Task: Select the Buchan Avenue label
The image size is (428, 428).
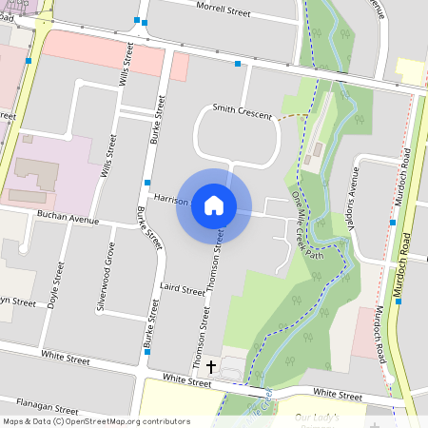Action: tap(68, 219)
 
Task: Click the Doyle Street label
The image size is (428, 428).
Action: tap(52, 292)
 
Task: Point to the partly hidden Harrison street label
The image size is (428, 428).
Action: tap(171, 200)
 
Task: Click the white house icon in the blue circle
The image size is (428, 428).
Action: tap(214, 205)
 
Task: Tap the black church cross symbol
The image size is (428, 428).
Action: tap(210, 365)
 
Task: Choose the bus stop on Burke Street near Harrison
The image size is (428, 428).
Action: tap(147, 182)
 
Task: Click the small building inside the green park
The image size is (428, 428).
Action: tap(318, 148)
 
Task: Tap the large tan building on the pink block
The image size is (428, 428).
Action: tap(35, 173)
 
